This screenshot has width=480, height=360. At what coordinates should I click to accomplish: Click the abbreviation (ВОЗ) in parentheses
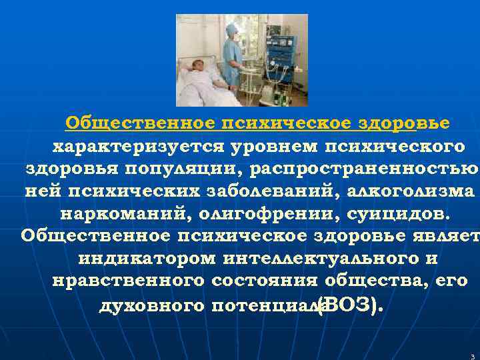click(x=350, y=305)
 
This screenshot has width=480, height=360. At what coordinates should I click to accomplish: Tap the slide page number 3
click(x=471, y=356)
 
